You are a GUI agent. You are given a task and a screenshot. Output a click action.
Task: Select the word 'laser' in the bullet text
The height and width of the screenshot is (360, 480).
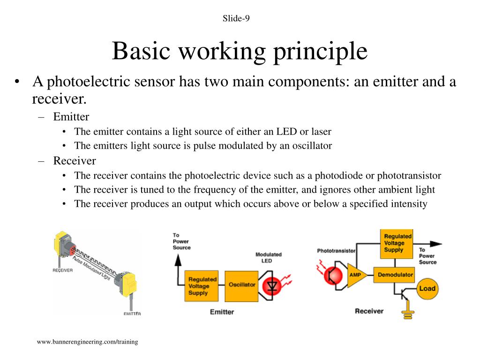click(319, 131)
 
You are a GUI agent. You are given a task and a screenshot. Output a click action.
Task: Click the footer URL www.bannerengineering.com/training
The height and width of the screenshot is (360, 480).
click(88, 342)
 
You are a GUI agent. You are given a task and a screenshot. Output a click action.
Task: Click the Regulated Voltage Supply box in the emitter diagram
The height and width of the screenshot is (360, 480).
click(202, 286)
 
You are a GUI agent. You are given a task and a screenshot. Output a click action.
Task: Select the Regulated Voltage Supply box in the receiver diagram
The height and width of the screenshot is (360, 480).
click(397, 243)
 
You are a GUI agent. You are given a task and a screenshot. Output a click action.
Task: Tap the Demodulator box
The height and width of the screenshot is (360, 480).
click(395, 275)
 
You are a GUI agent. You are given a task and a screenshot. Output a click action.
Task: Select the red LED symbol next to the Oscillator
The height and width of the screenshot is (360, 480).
click(272, 285)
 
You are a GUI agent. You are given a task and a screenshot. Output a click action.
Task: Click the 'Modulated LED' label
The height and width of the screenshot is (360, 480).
click(268, 257)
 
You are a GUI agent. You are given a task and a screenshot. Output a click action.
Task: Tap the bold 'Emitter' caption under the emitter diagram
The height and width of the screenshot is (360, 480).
click(222, 312)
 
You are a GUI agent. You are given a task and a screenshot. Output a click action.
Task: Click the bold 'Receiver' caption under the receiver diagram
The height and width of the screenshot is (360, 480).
click(369, 311)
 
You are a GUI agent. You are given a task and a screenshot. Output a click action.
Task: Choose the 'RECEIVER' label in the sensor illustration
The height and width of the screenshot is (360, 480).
click(62, 270)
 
